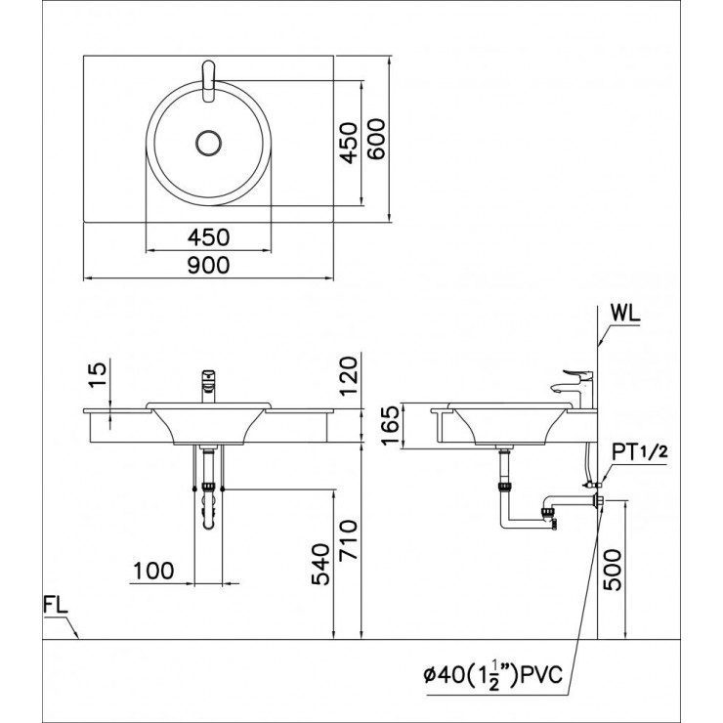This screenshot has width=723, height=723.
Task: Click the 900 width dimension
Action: click(209, 266)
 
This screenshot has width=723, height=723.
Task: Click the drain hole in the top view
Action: click(208, 144)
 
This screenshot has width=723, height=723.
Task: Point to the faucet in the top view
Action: click(207, 79)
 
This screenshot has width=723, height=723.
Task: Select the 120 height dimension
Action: click(351, 374)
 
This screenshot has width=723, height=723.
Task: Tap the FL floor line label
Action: click(56, 604)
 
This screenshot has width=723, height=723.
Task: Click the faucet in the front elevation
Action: click(208, 384)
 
